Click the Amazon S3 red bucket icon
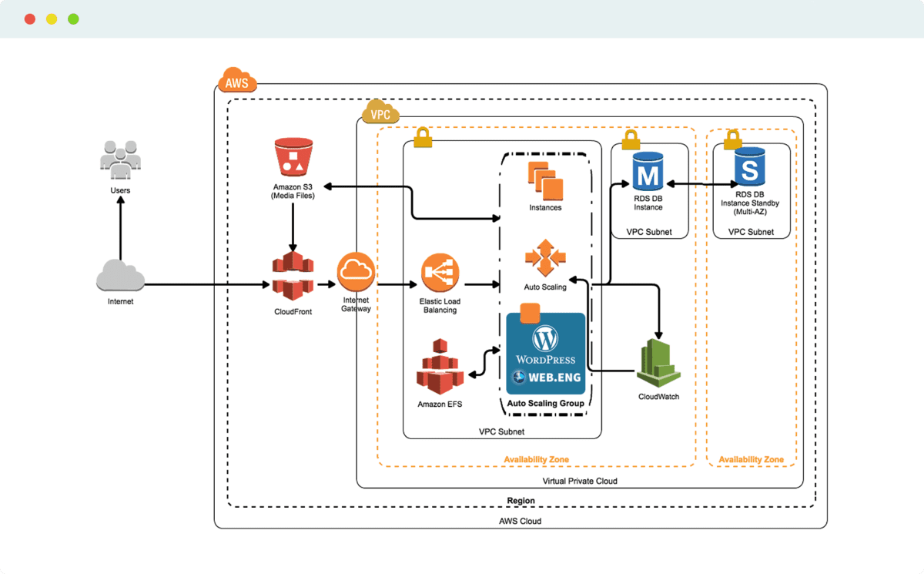(293, 157)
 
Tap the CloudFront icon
(293, 277)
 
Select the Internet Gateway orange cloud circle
(355, 270)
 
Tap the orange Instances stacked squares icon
(545, 178)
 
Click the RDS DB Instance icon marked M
(648, 170)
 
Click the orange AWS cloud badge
(237, 81)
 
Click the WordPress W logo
(545, 338)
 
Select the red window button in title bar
(30, 18)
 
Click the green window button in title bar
(73, 18)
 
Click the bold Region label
(521, 501)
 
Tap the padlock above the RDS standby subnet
(732, 139)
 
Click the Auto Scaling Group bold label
(545, 404)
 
